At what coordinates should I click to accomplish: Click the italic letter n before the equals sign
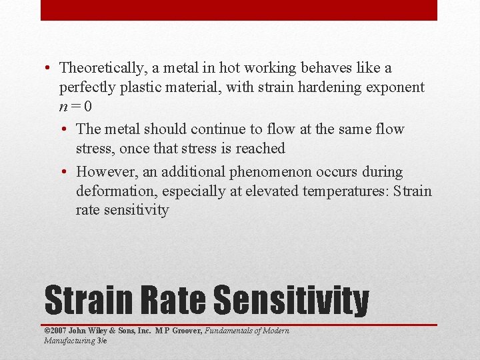[63, 107]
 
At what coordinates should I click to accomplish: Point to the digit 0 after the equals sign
[89, 107]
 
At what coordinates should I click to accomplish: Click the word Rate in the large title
[166, 301]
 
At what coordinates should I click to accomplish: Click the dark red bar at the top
[239, 10]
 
